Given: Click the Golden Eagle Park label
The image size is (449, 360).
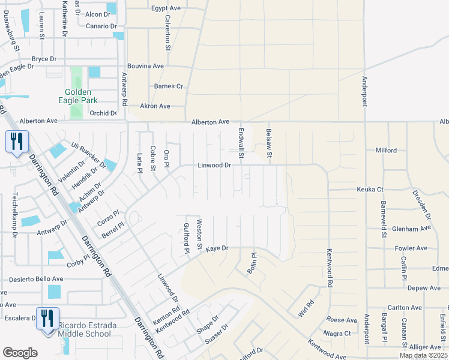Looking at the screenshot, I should pyautogui.click(x=78, y=96).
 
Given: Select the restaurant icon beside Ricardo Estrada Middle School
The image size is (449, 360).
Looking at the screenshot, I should pyautogui.click(x=47, y=318).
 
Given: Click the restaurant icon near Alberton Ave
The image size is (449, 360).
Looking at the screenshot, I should pyautogui.click(x=16, y=142).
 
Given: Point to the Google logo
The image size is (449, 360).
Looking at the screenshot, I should pyautogui.click(x=20, y=352).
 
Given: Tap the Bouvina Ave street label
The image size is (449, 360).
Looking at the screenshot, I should pyautogui.click(x=145, y=66).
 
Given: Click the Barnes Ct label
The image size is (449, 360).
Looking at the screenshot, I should pyautogui.click(x=168, y=86).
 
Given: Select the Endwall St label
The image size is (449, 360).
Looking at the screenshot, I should pyautogui.click(x=241, y=143).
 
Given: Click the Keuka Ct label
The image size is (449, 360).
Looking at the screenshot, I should pyautogui.click(x=370, y=189).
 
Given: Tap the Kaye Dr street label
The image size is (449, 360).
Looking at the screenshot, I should pyautogui.click(x=217, y=248).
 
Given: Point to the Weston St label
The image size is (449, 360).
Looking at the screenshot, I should pyautogui.click(x=199, y=234).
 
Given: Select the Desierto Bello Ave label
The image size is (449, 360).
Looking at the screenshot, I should pyautogui.click(x=37, y=279).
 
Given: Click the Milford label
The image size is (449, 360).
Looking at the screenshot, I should pyautogui.click(x=385, y=150).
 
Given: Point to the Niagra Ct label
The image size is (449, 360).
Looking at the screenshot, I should pyautogui.click(x=337, y=333).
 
